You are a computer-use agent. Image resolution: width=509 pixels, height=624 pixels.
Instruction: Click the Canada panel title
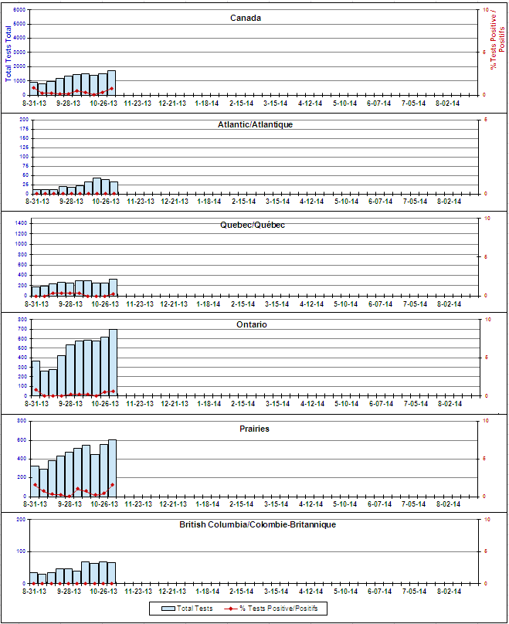coord(246,18)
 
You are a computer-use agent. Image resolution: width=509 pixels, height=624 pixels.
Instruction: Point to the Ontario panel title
coord(252,325)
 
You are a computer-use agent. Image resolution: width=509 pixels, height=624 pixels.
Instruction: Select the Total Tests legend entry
coord(185,609)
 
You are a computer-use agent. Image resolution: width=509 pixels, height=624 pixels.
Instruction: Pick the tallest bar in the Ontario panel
coord(113,363)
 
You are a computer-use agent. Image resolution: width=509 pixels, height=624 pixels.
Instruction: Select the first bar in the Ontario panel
coord(36,378)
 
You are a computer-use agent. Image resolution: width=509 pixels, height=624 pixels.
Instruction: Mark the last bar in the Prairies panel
coord(112,468)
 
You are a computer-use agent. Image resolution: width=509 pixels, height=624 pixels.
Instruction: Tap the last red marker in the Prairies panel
coord(113,485)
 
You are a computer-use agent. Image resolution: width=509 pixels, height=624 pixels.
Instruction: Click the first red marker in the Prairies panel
coord(35,485)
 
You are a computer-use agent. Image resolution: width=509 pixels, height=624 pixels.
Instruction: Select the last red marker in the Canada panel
coord(113,89)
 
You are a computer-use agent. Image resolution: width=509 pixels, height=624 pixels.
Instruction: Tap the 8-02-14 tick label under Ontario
coord(449,402)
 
